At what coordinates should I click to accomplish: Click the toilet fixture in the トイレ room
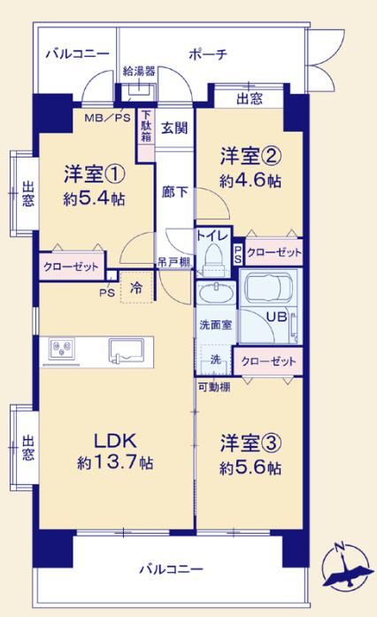[x=213, y=258]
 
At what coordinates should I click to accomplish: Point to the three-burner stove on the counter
[x=62, y=349]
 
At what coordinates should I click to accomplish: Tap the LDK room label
[x=115, y=441]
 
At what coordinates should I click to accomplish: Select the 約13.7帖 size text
[x=115, y=462]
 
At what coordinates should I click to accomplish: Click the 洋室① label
[x=95, y=174]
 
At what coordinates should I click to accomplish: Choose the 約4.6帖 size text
[x=250, y=181]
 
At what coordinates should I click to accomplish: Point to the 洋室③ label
[x=250, y=443]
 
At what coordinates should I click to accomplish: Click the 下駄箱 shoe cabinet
[x=146, y=135]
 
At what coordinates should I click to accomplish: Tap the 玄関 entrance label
[x=174, y=127]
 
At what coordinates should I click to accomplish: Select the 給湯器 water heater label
[x=139, y=71]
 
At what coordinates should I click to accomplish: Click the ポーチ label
[x=208, y=54]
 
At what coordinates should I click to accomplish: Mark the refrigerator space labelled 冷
[x=136, y=287]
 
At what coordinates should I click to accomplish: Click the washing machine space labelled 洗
[x=215, y=359]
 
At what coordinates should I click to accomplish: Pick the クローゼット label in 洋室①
[x=71, y=267]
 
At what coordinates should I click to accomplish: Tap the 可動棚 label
[x=214, y=387]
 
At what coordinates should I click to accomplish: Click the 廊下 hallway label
[x=174, y=192]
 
